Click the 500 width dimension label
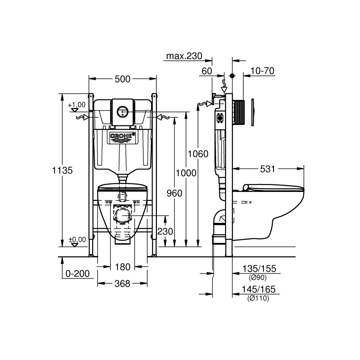click(x=123, y=80)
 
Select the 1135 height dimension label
click(x=63, y=170)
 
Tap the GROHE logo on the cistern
click(x=122, y=137)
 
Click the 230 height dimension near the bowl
click(x=165, y=231)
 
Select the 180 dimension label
click(x=122, y=267)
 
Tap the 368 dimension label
click(x=122, y=284)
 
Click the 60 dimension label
click(x=207, y=71)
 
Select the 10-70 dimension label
click(x=262, y=71)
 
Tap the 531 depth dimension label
click(x=267, y=168)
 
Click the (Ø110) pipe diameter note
click(x=258, y=298)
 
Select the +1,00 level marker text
click(x=77, y=105)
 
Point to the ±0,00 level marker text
click(x=77, y=239)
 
